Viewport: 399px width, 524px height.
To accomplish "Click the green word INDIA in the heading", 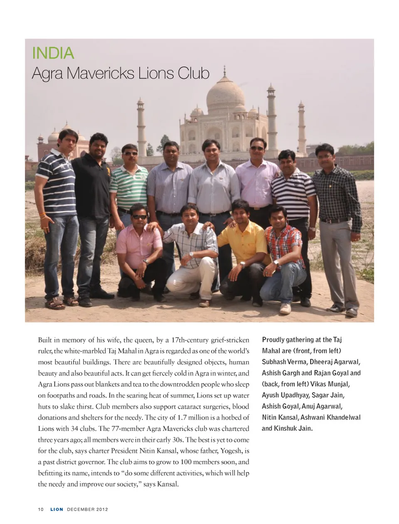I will [x=53, y=53].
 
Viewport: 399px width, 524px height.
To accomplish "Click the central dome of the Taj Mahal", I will [x=225, y=93].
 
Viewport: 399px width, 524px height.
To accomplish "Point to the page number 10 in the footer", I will [x=41, y=509].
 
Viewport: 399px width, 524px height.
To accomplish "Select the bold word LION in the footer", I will [x=57, y=509].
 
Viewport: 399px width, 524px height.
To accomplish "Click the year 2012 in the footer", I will [x=102, y=509].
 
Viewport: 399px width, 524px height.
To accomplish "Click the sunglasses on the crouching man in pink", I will [x=140, y=217].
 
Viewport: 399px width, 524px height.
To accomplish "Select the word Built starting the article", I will [x=45, y=340].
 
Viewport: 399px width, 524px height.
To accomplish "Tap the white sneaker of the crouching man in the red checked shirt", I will [x=285, y=308].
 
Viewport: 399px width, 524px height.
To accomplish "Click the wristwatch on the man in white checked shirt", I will [x=191, y=255].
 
